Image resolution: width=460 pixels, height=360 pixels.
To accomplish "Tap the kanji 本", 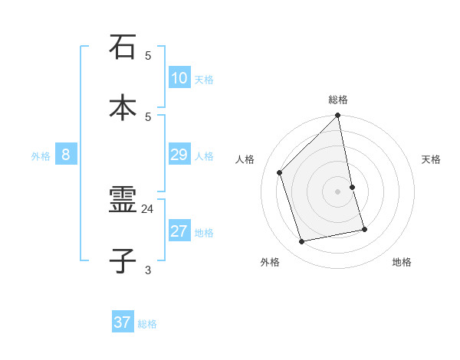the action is pos(123,106).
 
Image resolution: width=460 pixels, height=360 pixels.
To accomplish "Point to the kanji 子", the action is pos(123,260).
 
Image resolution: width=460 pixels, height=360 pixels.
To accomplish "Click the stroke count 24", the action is pos(148,208).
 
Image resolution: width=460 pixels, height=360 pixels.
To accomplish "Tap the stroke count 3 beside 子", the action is pos(148,270).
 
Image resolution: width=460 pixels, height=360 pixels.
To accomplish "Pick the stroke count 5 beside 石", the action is pos(148,55).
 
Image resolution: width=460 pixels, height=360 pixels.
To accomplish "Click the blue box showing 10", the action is pos(179,78).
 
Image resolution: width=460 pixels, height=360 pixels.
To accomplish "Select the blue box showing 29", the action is pos(179,155).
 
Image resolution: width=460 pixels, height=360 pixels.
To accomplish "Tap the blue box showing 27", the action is pos(179,231).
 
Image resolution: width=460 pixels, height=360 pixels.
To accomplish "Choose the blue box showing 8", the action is pos(66,155).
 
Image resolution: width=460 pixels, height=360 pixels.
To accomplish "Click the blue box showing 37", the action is pos(123,322).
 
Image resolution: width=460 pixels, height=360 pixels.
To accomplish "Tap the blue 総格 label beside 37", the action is pos(147,324).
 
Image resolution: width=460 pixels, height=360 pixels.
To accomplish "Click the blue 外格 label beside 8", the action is pos(41,156).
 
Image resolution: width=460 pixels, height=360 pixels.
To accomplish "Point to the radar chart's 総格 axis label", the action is pos(338,100).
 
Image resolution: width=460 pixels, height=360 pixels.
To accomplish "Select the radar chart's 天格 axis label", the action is pos(431,159).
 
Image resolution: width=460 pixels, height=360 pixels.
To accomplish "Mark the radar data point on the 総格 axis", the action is pos(338,116).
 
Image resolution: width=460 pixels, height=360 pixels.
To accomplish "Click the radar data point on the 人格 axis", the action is pos(280,172).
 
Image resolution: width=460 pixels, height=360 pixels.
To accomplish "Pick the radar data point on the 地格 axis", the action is pos(364,229).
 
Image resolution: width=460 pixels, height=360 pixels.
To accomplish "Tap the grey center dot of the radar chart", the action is pos(338,191).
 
